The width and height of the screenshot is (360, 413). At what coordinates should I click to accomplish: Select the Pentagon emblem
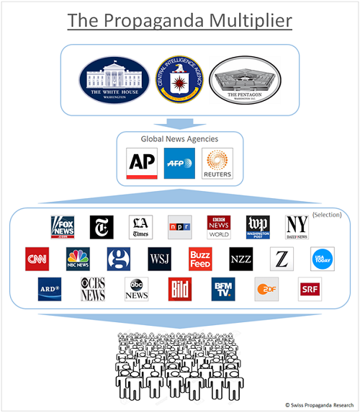pyautogui.click(x=244, y=79)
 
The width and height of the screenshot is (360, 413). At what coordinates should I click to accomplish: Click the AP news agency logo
pyautogui.click(x=141, y=164)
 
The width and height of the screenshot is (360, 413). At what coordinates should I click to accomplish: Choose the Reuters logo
pyautogui.click(x=217, y=164)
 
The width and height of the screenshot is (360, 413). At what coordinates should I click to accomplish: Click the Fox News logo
pyautogui.click(x=63, y=227)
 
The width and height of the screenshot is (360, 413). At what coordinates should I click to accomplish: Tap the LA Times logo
pyautogui.click(x=140, y=227)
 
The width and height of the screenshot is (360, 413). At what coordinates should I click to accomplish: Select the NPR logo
pyautogui.click(x=179, y=227)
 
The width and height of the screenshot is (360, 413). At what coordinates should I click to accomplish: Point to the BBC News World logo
pyautogui.click(x=218, y=227)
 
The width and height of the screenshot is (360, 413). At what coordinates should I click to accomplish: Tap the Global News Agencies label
pyautogui.click(x=179, y=138)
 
